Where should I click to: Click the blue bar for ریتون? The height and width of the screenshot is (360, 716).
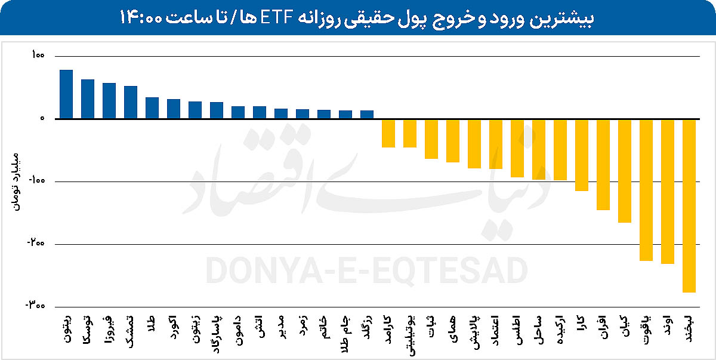[x=66, y=94]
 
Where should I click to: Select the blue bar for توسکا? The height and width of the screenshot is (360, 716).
[x=88, y=99]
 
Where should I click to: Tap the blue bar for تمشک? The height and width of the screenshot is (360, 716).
[x=131, y=103]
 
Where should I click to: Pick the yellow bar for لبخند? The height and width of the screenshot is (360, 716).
[x=689, y=205]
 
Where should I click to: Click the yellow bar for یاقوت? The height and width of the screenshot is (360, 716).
[x=646, y=190]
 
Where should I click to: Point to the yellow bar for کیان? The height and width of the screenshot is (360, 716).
[x=625, y=171]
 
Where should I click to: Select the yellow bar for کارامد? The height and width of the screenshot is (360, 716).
[x=388, y=133]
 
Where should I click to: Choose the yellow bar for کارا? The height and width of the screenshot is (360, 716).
[x=582, y=155]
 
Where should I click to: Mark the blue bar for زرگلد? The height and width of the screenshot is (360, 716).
[x=367, y=115]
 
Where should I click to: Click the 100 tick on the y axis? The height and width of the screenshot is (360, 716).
[x=37, y=56]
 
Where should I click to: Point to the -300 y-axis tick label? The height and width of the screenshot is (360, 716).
[x=35, y=306]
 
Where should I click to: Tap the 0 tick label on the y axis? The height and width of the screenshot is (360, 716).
[x=42, y=118]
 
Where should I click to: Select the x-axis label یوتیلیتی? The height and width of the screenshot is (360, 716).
[x=410, y=334]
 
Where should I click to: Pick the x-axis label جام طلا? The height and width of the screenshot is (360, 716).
[x=345, y=330]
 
